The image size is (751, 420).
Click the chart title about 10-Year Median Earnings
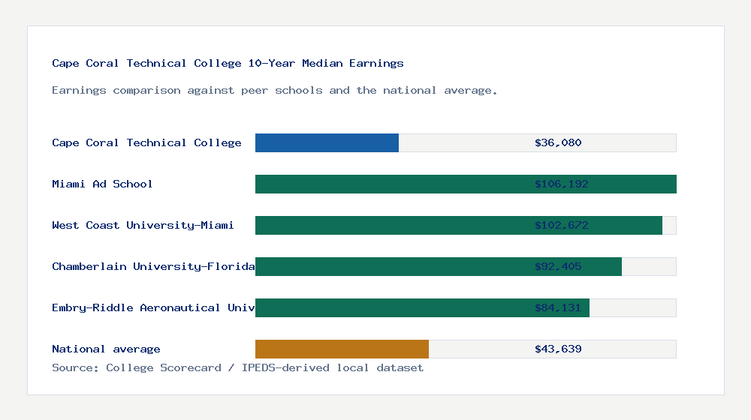point(228,64)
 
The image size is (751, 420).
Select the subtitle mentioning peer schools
point(274,91)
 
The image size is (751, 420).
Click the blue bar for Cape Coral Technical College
point(327,142)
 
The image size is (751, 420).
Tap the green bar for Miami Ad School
point(391,184)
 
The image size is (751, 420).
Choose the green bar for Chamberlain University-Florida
point(391,266)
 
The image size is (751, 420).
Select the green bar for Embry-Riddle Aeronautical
point(391,307)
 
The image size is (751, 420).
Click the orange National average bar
point(342,349)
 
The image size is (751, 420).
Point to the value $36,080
point(558,142)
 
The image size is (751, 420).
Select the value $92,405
point(558,266)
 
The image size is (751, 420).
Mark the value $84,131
point(558,307)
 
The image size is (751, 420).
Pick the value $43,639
point(558,349)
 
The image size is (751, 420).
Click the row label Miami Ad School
point(102,184)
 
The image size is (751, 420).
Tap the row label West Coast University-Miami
point(143,225)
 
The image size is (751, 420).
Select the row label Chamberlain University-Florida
point(153,266)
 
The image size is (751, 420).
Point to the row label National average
point(106,349)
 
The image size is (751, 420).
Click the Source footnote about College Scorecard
point(237,368)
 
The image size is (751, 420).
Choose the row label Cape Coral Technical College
point(146,142)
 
